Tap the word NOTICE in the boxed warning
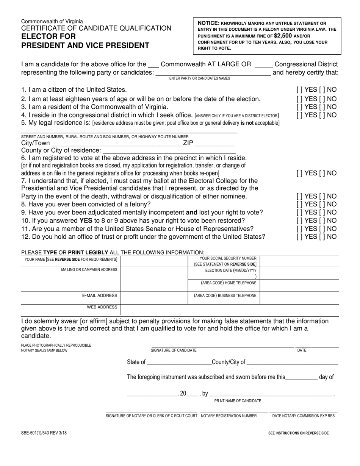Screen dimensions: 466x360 tap(208, 23)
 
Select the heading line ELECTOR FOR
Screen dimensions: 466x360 tap(48, 37)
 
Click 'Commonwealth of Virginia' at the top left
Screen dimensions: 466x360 tap(52, 22)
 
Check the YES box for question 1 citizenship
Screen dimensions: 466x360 tap(299, 90)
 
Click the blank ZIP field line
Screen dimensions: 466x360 tap(214, 144)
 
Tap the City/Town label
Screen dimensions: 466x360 tap(35, 143)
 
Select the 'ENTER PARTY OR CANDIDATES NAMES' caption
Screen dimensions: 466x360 tap(200, 78)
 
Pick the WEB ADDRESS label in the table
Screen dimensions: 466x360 tap(102, 307)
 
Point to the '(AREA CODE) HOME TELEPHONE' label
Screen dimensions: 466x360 tap(228, 283)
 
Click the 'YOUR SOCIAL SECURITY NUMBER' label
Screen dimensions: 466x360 tap(228, 258)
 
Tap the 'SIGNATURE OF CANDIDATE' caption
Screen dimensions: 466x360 tap(174, 350)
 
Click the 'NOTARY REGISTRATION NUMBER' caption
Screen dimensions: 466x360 tap(229, 416)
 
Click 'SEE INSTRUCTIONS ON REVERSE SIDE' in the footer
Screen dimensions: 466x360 tap(298, 433)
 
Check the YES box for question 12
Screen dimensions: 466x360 tap(299, 237)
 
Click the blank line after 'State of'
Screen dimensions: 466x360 tap(178, 363)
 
